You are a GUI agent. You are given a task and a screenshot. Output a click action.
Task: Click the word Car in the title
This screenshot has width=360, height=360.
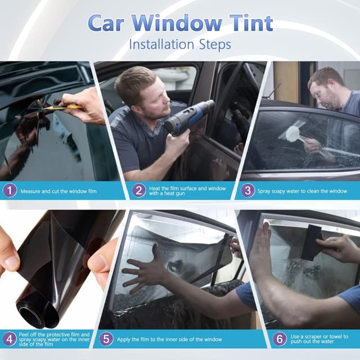109,23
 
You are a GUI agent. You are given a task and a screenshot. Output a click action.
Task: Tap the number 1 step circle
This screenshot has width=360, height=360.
10,191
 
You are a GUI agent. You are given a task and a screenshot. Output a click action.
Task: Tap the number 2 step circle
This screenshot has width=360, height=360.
139,190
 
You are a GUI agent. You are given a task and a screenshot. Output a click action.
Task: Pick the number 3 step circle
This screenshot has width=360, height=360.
247,190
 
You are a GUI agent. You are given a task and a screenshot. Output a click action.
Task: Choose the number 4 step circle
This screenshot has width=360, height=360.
10,339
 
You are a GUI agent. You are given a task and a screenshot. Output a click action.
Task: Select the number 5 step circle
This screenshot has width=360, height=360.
107,339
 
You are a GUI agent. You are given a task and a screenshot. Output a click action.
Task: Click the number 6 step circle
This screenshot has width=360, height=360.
280,339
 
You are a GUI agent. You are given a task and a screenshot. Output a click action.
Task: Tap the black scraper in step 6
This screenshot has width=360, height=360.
311,242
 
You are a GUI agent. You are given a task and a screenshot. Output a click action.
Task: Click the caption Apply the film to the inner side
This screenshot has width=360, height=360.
169,339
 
